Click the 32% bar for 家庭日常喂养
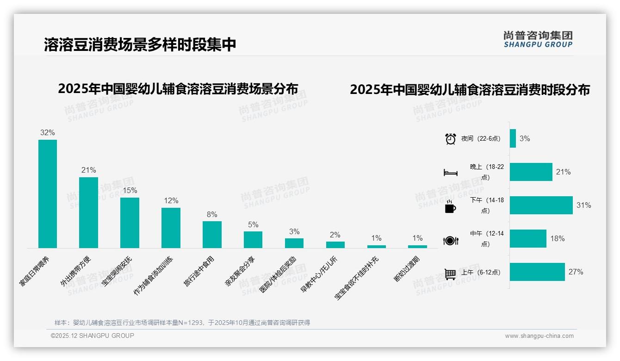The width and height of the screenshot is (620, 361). click(x=48, y=194)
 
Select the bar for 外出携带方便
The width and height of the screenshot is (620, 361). click(x=88, y=212)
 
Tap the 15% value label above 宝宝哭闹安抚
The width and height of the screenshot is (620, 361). click(x=130, y=190)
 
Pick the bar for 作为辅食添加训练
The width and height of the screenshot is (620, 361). click(x=171, y=228)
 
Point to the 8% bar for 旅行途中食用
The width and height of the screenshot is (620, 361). click(x=212, y=235)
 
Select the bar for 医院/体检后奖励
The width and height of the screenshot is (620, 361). click(x=294, y=243)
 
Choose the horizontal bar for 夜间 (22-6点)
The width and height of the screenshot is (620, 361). click(x=513, y=138)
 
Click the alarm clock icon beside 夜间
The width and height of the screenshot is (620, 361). click(x=451, y=139)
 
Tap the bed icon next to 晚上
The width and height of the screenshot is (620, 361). click(x=451, y=173)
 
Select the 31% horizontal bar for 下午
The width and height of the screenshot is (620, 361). click(x=541, y=205)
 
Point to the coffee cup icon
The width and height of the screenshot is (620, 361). click(x=450, y=207)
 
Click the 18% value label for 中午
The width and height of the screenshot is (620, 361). click(x=557, y=239)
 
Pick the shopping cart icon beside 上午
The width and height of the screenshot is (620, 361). click(x=450, y=274)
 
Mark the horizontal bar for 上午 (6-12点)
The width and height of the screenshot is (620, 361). click(x=537, y=272)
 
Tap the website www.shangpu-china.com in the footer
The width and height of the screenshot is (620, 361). click(x=539, y=336)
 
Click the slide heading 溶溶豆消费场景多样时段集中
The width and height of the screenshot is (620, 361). click(x=140, y=44)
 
